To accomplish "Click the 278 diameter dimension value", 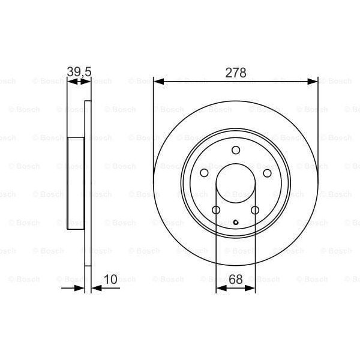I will [235, 73].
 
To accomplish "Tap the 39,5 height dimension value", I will [79, 73].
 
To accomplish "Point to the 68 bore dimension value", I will [235, 280].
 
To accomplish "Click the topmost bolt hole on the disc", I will [236, 150].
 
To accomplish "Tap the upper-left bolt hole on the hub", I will [204, 173].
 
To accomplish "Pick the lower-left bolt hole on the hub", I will [216, 210].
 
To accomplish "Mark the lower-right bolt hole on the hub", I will [255, 210].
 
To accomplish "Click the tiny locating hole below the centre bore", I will [236, 224].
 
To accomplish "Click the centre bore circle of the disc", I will [236, 183].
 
